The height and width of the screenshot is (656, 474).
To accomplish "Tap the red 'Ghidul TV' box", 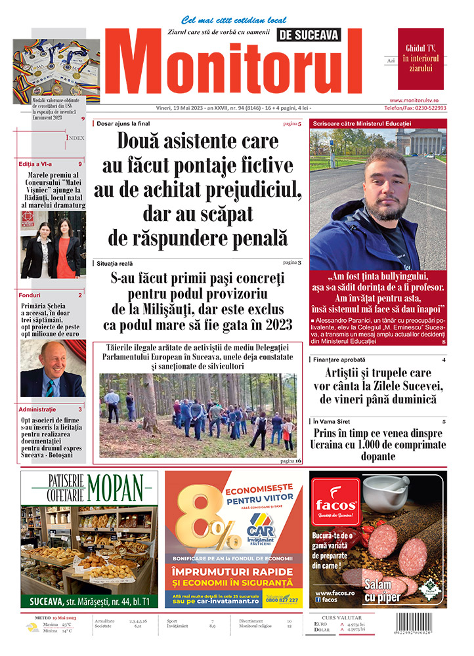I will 420,58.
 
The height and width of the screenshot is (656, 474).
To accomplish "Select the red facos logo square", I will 335,505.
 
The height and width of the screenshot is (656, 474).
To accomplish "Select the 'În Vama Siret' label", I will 333,421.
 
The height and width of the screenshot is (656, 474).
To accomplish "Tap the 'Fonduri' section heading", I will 30,295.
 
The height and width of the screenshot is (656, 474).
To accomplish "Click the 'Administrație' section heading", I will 39,409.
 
